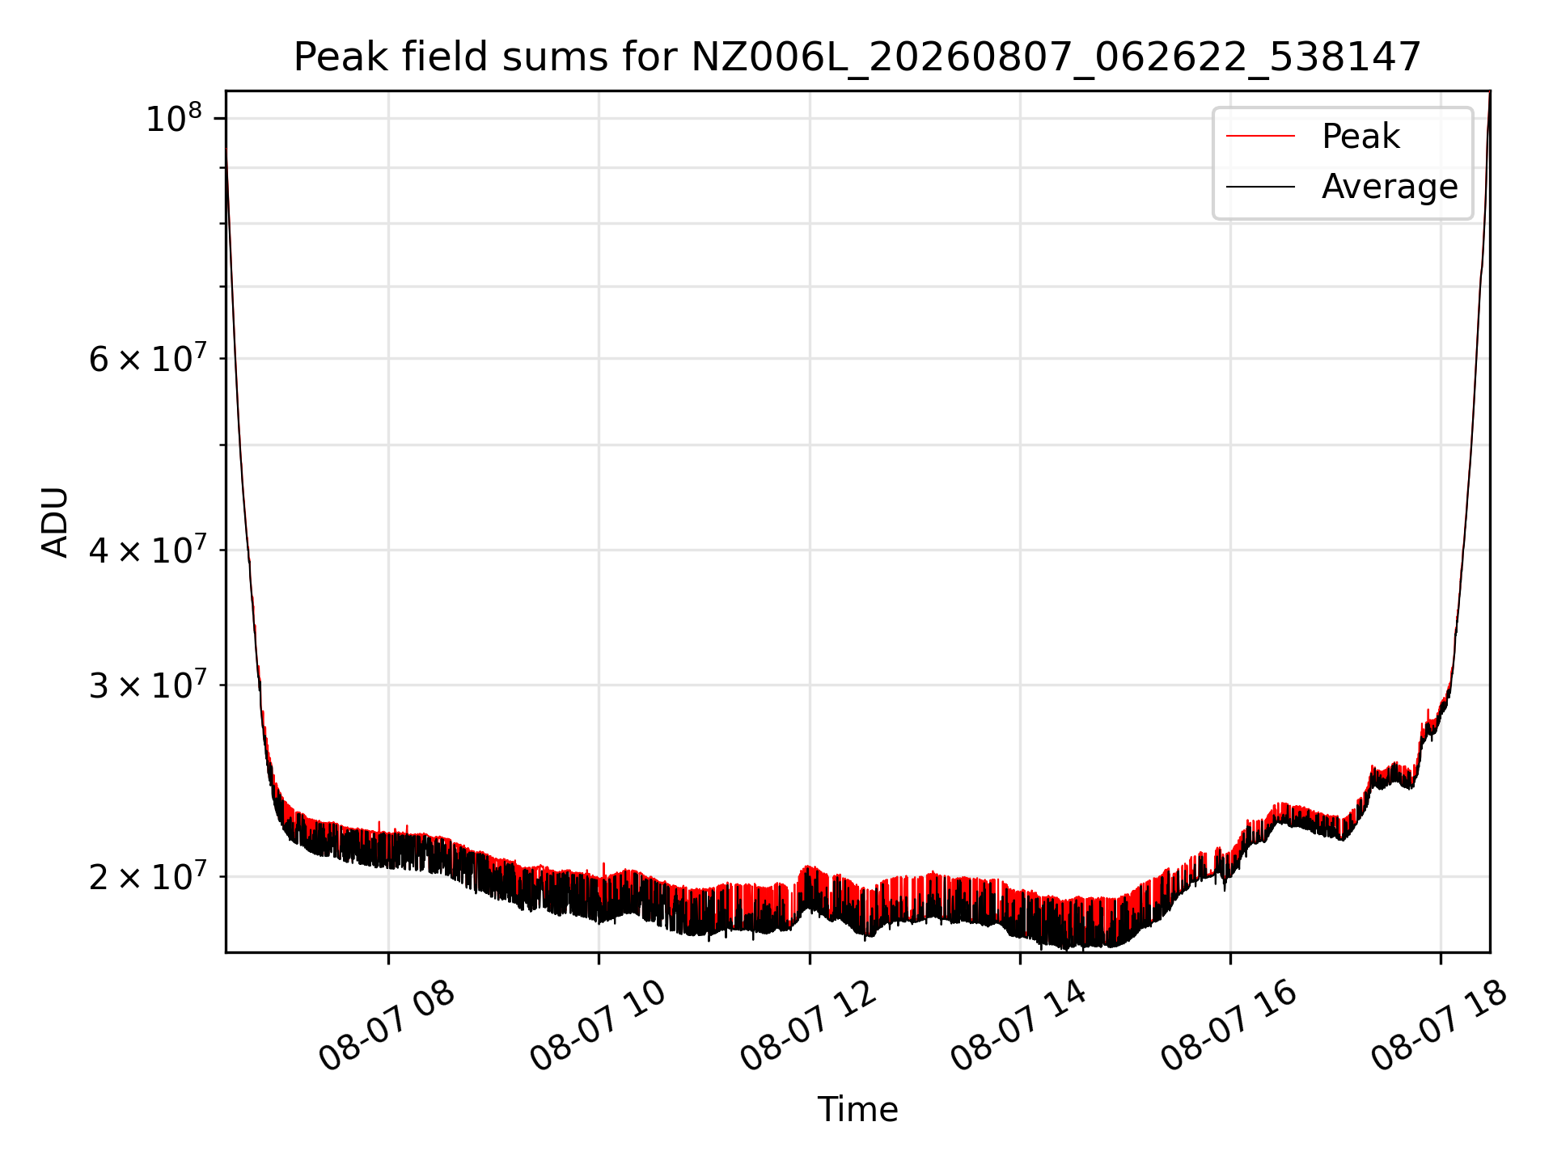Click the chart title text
857,57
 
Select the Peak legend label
1360,136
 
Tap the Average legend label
1390,187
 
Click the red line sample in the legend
1260,136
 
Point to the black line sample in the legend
1260,187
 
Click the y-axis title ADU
55,522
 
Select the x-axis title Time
857,1110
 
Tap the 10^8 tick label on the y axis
173,119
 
